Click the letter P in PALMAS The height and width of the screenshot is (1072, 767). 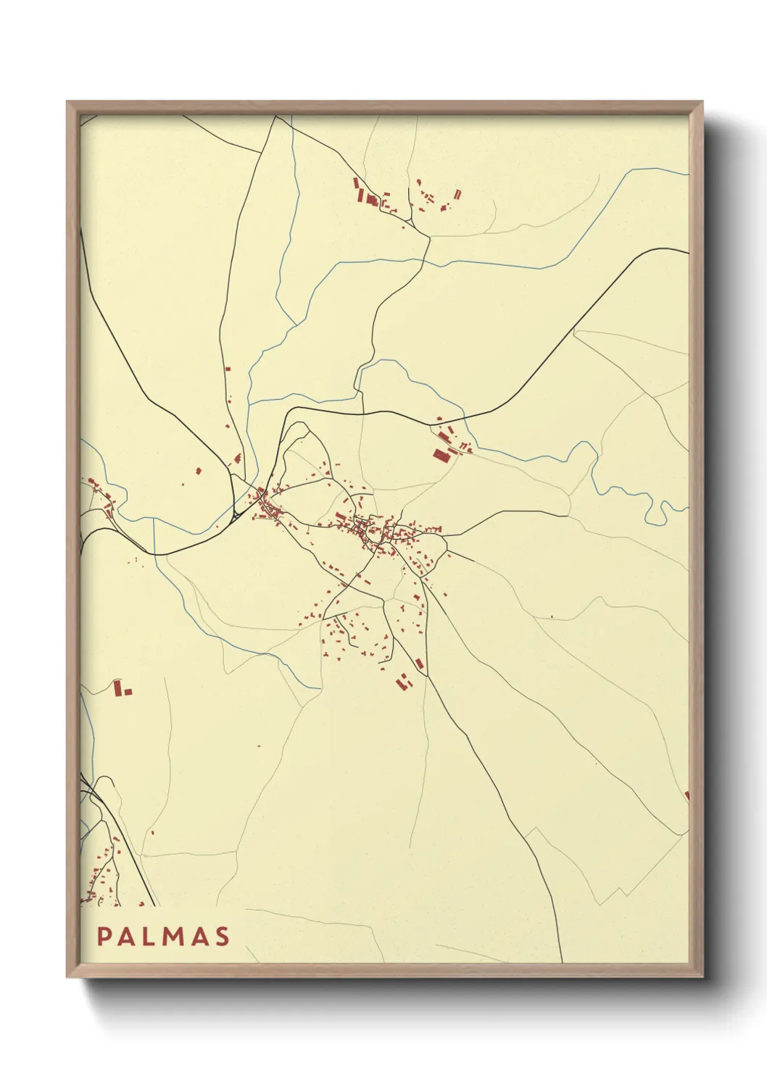tap(104, 937)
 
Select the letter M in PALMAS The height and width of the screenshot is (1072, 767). tap(177, 937)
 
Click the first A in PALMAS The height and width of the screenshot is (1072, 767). tap(128, 937)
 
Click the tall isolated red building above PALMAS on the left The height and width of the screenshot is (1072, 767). tap(118, 687)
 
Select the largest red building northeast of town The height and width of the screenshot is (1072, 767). tap(441, 455)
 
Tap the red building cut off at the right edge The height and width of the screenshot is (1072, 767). tap(686, 796)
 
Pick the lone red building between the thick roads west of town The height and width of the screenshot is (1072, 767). tap(199, 471)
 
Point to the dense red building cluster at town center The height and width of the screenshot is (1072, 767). tap(381, 532)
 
